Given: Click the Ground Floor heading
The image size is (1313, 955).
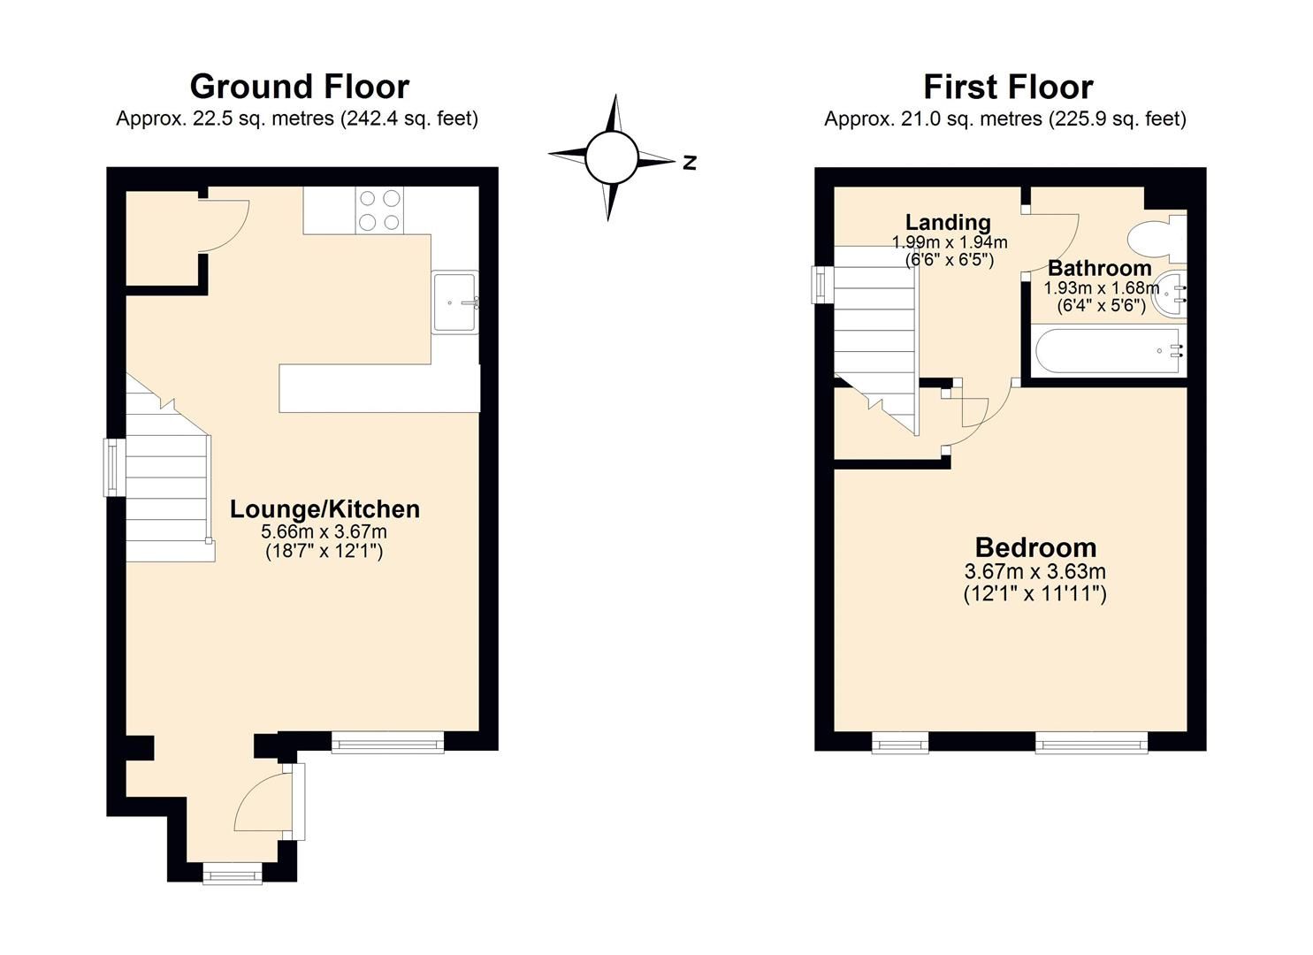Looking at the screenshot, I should pyautogui.click(x=299, y=87).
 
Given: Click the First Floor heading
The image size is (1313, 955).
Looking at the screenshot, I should pyautogui.click(x=1008, y=87).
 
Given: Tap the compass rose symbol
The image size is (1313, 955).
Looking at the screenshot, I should pyautogui.click(x=611, y=157).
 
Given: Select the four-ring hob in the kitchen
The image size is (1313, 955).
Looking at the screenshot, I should pyautogui.click(x=379, y=210).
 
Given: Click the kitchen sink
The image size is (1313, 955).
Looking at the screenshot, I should pyautogui.click(x=454, y=302).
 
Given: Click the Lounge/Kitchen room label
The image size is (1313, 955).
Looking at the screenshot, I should pyautogui.click(x=324, y=509).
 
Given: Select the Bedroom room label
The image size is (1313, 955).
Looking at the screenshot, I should pyautogui.click(x=1035, y=547).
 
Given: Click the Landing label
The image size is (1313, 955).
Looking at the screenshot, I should pyautogui.click(x=948, y=222).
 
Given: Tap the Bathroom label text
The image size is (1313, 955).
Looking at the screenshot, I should pyautogui.click(x=1099, y=268).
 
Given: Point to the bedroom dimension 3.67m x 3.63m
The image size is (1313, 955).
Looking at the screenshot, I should pyautogui.click(x=1035, y=572).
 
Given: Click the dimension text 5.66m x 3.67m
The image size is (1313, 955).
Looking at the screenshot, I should pyautogui.click(x=324, y=531).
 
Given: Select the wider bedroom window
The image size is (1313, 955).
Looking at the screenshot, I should pyautogui.click(x=1091, y=742).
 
